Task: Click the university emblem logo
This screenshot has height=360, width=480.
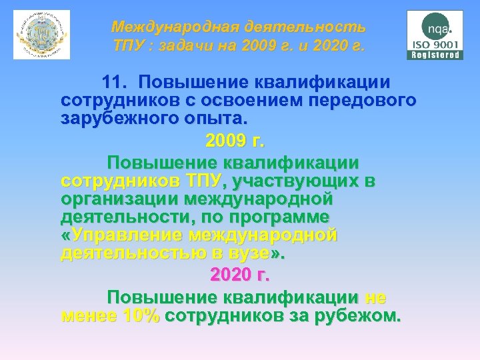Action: click(x=41, y=35)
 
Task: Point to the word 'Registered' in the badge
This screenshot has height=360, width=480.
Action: click(x=435, y=55)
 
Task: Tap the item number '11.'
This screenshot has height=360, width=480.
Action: click(x=119, y=82)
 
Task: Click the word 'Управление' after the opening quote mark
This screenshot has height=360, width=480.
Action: click(x=128, y=236)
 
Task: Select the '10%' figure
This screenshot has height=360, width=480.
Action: click(x=141, y=316)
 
